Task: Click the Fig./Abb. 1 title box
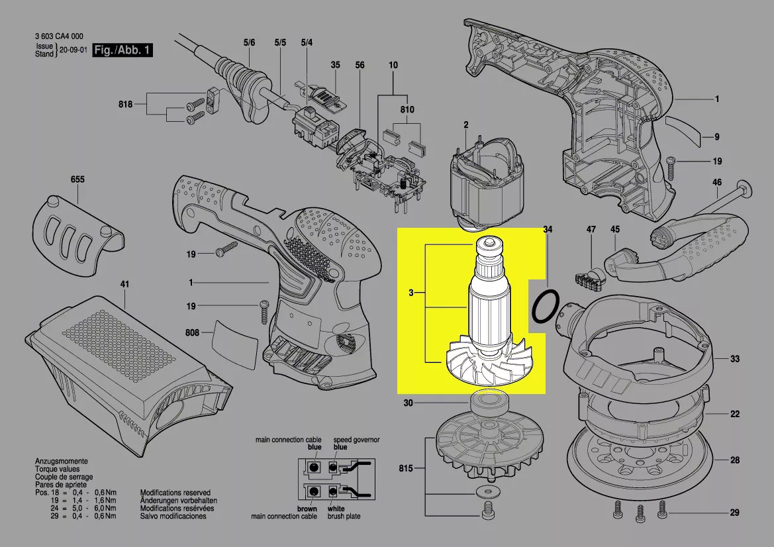(x=122, y=50)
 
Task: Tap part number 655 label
(x=77, y=179)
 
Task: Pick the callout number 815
(x=406, y=469)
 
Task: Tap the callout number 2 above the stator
(x=465, y=124)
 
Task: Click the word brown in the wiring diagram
(x=307, y=509)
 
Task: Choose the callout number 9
(x=716, y=137)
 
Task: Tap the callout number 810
(x=407, y=109)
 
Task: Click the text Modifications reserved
(x=175, y=493)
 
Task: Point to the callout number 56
(x=360, y=65)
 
